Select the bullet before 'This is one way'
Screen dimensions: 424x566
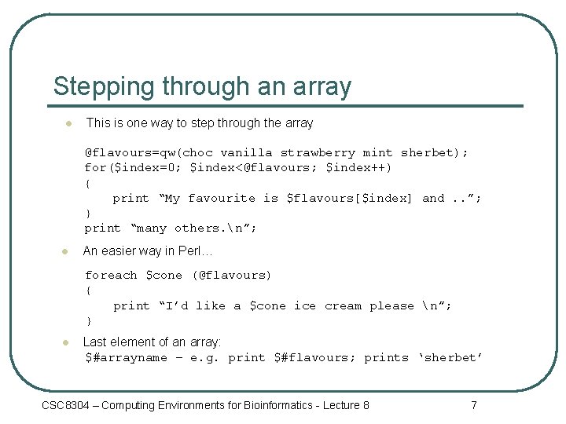(x=68, y=123)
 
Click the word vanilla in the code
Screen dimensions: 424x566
(x=246, y=153)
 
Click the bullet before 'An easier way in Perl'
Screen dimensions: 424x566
(x=66, y=252)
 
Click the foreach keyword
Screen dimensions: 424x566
(x=111, y=276)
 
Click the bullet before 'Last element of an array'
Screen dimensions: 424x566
(x=66, y=342)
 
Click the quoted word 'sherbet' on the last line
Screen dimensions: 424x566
(x=450, y=358)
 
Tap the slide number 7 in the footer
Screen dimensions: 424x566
(x=473, y=405)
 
